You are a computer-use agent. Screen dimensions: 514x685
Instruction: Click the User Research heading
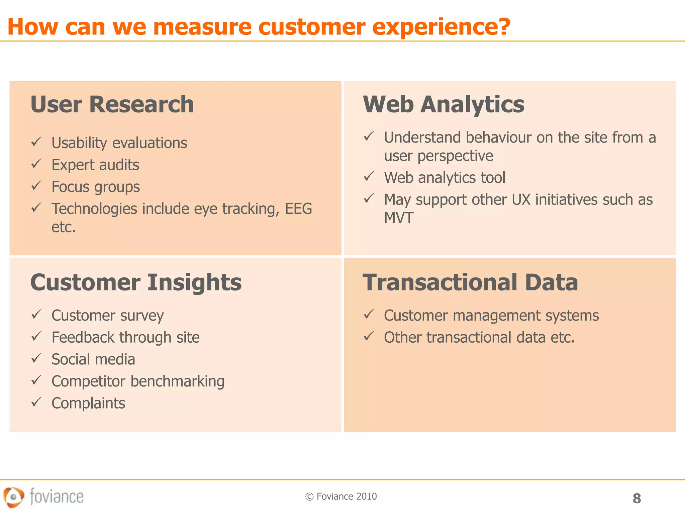(x=112, y=104)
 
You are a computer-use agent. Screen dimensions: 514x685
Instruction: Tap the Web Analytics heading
(x=444, y=104)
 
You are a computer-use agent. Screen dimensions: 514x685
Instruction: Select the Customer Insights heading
(x=136, y=282)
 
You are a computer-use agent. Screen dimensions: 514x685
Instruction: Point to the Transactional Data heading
(x=470, y=282)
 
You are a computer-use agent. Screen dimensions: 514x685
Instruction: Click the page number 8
(x=637, y=498)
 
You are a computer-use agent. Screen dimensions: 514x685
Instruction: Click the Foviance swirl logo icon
(x=14, y=497)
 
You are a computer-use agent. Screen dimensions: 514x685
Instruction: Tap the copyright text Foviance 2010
(x=341, y=496)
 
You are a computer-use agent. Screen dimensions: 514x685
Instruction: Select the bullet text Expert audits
(x=95, y=165)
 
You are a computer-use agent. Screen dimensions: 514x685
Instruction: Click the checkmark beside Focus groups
(x=36, y=186)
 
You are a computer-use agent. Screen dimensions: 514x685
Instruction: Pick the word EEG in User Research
(x=298, y=209)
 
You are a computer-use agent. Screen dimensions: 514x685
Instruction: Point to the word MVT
(x=399, y=218)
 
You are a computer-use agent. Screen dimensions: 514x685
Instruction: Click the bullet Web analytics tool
(x=445, y=178)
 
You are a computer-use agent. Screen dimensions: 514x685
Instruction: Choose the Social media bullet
(x=93, y=359)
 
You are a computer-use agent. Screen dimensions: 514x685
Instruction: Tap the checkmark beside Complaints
(x=36, y=402)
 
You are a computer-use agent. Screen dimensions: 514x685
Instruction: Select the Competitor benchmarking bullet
(x=138, y=381)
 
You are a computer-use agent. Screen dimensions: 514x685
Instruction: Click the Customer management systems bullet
(x=491, y=316)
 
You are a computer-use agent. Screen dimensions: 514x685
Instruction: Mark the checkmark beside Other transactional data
(x=369, y=336)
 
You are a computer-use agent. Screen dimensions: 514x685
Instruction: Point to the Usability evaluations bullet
(x=119, y=143)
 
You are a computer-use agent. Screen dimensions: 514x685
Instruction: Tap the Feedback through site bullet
(x=125, y=337)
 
